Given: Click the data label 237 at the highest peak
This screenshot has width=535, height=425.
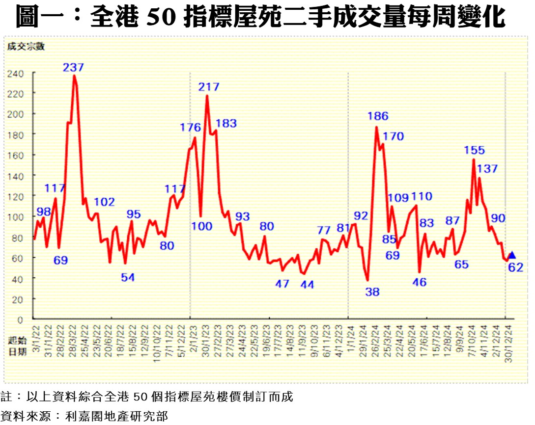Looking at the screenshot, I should tap(74, 67).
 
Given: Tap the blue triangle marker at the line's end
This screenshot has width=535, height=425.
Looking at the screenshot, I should tap(511, 255).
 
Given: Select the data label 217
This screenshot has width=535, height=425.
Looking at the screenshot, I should tap(209, 87).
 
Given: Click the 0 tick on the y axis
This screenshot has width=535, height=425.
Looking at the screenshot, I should tap(21, 319).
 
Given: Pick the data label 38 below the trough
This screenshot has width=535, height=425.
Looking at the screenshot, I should tap(373, 292).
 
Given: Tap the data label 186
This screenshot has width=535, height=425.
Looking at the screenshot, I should tap(378, 116).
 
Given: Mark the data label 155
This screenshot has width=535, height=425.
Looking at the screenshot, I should tap(474, 150).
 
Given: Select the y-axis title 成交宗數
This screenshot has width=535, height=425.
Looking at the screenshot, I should tap(26, 47).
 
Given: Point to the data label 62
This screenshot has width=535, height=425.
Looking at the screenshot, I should tap(516, 267).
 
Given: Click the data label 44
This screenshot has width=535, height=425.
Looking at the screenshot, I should tap(307, 284).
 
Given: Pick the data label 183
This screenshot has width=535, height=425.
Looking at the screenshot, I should tap(226, 124).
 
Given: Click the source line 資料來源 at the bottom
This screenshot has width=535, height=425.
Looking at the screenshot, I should tap(84, 416).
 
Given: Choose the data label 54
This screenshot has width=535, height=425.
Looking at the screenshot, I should tap(128, 277).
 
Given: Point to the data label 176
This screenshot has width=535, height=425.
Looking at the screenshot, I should tap(191, 128).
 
